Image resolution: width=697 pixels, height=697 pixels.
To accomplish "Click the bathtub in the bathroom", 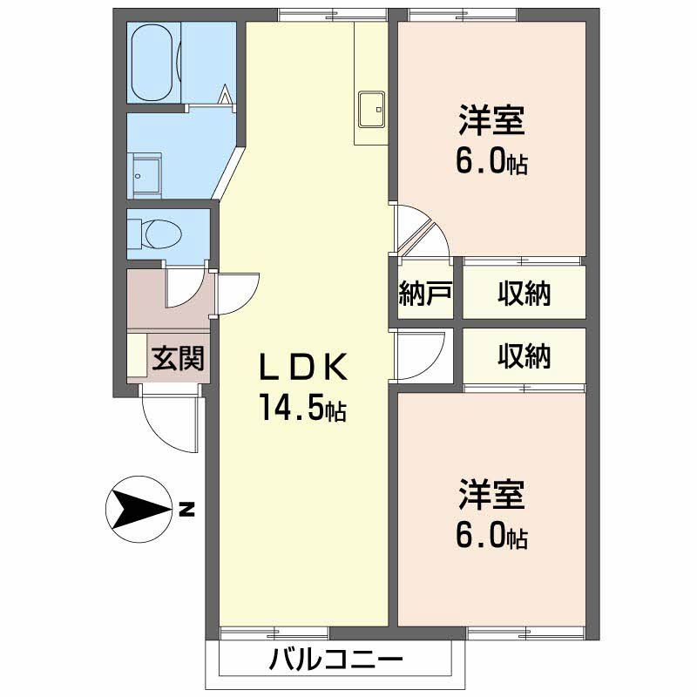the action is coord(153,63).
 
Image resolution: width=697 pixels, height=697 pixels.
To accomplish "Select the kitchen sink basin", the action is coord(371,110).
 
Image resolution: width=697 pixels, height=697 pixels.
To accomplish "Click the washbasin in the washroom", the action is coord(147,176).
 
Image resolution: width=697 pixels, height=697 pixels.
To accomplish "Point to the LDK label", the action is coord(303,367).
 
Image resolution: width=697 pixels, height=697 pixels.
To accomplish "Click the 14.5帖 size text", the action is coord(303,407).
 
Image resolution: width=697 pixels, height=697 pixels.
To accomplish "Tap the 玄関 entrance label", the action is coord(178,358).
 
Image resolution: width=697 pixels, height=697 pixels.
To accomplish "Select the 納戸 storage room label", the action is coord(425,294).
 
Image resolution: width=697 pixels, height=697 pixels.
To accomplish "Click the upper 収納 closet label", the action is coord(524,294).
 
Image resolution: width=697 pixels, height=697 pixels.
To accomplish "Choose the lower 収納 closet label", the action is coord(524,356).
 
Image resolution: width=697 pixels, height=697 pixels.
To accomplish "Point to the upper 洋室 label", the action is coord(491,120).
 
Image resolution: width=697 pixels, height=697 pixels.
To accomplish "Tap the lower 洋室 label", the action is coord(491,494).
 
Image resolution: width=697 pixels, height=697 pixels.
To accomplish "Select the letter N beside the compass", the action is coord(187,509).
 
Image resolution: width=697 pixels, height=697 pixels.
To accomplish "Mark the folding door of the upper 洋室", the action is coord(421,230).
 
